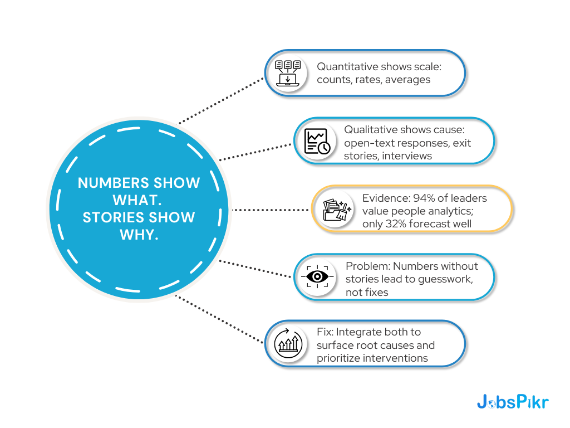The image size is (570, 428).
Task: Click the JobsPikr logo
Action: (512, 402)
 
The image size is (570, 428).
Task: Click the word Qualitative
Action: (370, 129)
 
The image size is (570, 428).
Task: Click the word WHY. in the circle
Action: (139, 235)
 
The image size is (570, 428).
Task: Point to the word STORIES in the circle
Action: (115, 217)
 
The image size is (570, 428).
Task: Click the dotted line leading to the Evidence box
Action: (271, 210)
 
